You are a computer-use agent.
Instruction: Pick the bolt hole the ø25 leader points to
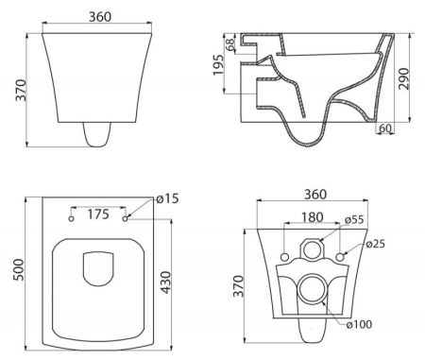339,258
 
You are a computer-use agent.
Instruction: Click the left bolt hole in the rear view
284,258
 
